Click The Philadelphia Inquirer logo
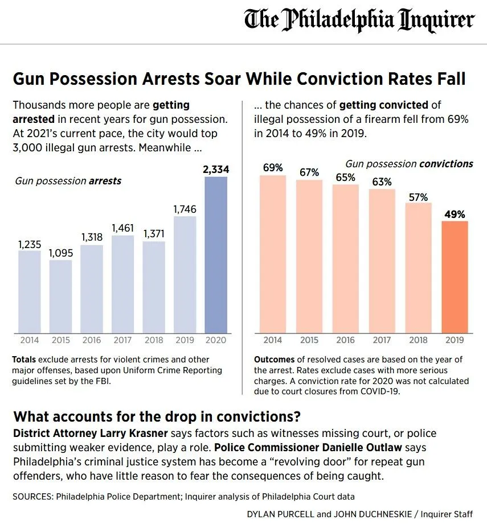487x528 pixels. [359, 21]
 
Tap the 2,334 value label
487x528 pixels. [215, 169]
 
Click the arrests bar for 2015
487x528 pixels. [60, 296]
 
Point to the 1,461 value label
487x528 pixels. [122, 228]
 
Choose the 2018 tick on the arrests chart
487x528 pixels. [153, 340]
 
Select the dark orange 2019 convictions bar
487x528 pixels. [455, 276]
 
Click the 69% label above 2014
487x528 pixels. [273, 168]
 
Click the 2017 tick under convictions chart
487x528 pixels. [382, 340]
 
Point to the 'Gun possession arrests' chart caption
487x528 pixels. [68, 181]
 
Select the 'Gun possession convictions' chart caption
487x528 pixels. [409, 164]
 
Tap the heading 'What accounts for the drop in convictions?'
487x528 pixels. [157, 415]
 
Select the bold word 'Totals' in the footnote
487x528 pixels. [24, 360]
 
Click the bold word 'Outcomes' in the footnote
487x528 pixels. [274, 360]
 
